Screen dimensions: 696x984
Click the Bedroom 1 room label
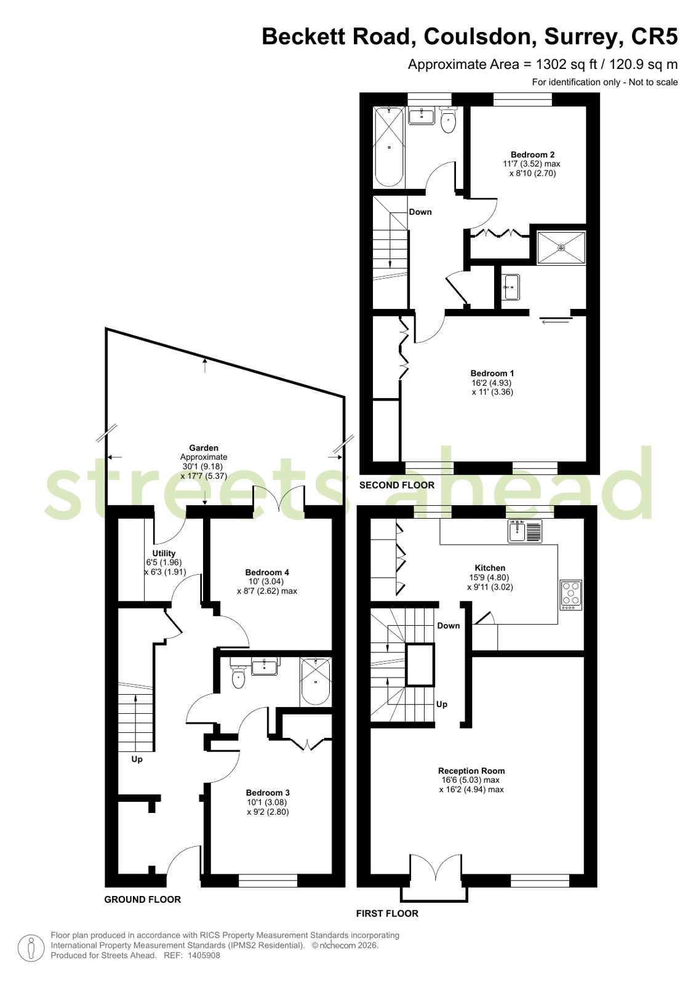click(492, 373)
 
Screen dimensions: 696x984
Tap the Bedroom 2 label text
click(532, 154)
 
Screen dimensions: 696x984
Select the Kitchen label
click(490, 568)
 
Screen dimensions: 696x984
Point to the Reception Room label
click(471, 770)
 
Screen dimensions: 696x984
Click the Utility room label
click(164, 553)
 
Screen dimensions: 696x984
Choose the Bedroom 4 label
click(267, 572)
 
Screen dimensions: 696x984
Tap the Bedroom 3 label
click(268, 793)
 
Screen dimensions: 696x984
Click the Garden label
click(204, 448)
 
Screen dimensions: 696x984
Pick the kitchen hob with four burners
click(571, 595)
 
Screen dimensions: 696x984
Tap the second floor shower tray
click(562, 248)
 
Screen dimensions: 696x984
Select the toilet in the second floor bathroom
click(448, 120)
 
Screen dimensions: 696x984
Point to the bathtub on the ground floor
click(316, 682)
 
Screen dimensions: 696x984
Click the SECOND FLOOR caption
click(397, 485)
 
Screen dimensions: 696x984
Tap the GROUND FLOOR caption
click(143, 899)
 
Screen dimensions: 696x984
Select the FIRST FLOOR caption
click(387, 913)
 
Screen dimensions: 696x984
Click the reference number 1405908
click(204, 955)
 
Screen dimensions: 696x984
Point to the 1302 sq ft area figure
click(566, 65)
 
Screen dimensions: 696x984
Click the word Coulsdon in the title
click(480, 36)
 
